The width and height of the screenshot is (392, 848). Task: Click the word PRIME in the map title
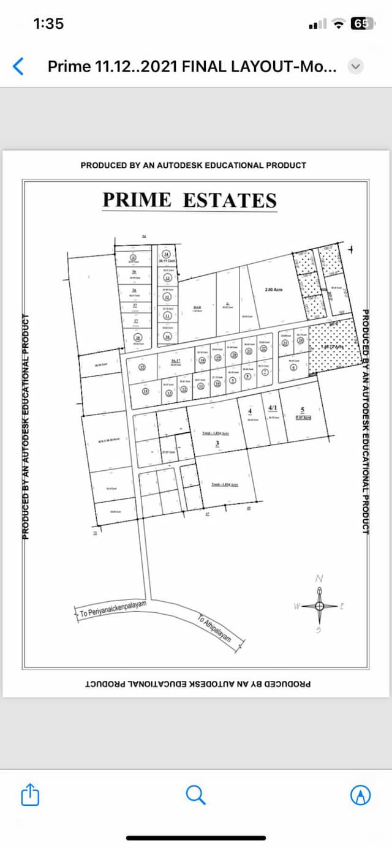click(x=137, y=200)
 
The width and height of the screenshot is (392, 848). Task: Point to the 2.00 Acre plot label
click(x=273, y=290)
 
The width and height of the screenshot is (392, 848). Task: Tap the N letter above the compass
click(x=319, y=579)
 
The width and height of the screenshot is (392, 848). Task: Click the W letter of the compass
click(x=296, y=606)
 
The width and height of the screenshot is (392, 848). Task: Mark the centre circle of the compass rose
click(x=319, y=606)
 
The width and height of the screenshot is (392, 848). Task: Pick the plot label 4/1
click(x=273, y=408)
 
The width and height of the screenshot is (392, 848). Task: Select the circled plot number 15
click(x=142, y=367)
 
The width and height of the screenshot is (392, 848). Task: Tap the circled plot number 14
click(x=145, y=391)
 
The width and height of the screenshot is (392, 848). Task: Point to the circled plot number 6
click(x=293, y=367)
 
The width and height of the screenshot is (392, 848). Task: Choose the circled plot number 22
click(x=263, y=348)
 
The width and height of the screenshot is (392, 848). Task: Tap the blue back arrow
click(x=18, y=66)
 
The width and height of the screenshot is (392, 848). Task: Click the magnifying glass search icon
click(x=195, y=795)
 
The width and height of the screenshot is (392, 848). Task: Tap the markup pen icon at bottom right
click(x=360, y=795)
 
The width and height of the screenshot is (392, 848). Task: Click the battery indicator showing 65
click(x=361, y=24)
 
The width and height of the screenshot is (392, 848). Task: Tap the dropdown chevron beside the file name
click(x=356, y=66)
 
